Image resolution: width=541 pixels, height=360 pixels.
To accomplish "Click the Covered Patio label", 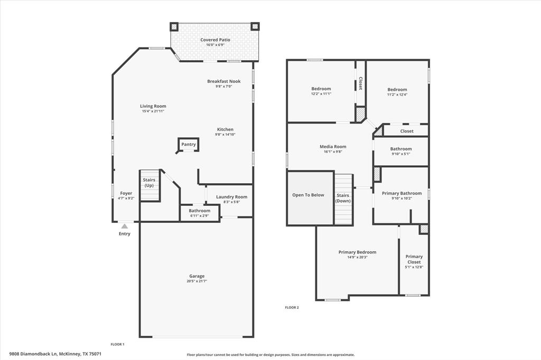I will tap(215, 40).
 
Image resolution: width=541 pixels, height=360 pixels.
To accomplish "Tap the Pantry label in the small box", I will tap(189, 144).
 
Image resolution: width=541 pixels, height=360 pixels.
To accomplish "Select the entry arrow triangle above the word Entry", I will tap(125, 226).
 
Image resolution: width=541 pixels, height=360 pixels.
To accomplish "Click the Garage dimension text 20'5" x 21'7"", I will tap(197, 281).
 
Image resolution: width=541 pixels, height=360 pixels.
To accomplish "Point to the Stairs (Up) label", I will tap(149, 183).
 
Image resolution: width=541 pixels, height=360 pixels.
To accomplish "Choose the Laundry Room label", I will tap(231, 197).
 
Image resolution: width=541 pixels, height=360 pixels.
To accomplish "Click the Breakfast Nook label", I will tap(223, 81).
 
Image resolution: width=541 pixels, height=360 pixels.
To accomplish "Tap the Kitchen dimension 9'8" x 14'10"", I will tap(225, 135).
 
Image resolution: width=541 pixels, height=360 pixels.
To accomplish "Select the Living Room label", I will tap(153, 106).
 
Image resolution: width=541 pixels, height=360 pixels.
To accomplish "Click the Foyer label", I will tap(126, 193).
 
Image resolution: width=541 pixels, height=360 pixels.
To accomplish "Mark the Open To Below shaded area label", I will tap(308, 195).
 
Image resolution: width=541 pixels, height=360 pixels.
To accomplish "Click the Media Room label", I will tap(333, 146).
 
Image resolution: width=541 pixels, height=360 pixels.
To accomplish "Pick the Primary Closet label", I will tap(414, 259).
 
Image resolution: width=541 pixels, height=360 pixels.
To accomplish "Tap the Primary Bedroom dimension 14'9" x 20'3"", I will tap(357, 257).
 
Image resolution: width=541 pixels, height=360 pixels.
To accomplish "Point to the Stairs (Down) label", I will tap(343, 198).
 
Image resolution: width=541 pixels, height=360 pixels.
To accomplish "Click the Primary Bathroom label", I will tap(402, 193).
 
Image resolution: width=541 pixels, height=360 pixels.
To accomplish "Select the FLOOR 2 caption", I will tap(292, 307).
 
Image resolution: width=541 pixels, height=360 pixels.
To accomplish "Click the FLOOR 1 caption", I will tap(117, 344).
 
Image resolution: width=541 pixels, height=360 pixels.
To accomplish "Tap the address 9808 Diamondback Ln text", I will tap(33, 354).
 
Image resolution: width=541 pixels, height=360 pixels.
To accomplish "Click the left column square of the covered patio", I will tap(174, 26).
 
